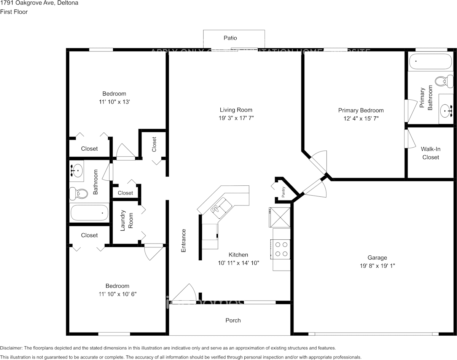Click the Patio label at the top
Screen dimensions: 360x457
pyautogui.click(x=230, y=38)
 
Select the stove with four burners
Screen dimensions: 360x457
pyautogui.click(x=281, y=249)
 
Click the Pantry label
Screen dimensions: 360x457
pyautogui.click(x=283, y=193)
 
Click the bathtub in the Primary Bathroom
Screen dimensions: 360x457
pyautogui.click(x=430, y=61)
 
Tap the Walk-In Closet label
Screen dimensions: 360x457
pyautogui.click(x=430, y=153)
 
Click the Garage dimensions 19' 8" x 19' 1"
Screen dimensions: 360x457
pyautogui.click(x=377, y=266)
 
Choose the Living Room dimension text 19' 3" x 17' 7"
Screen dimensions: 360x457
pyautogui.click(x=236, y=118)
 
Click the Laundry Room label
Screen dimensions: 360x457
pyautogui.click(x=126, y=221)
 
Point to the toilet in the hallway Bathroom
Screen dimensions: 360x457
pyautogui.click(x=78, y=194)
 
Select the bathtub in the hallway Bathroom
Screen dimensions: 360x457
pyautogui.click(x=89, y=213)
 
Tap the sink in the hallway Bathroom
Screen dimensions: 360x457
pyautogui.click(x=77, y=170)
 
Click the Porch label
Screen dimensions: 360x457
pyautogui.click(x=233, y=320)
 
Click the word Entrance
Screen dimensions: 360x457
pyautogui.click(x=183, y=241)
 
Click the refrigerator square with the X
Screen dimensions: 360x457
pyautogui.click(x=280, y=217)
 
